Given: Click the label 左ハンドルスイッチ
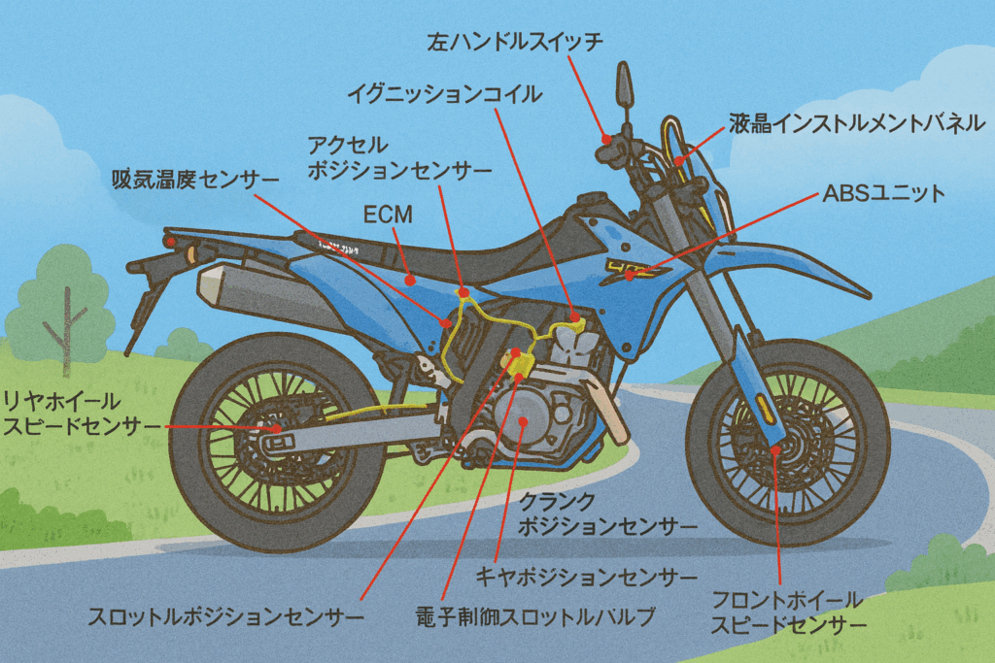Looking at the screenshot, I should pyautogui.click(x=516, y=42).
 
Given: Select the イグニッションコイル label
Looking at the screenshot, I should pyautogui.click(x=445, y=94).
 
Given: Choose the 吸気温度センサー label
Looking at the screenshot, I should pyautogui.click(x=194, y=180).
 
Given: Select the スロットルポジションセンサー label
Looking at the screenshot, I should pyautogui.click(x=225, y=615).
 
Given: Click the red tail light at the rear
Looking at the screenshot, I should pyautogui.click(x=170, y=239).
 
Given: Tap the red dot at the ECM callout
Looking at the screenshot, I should pyautogui.click(x=411, y=280).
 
